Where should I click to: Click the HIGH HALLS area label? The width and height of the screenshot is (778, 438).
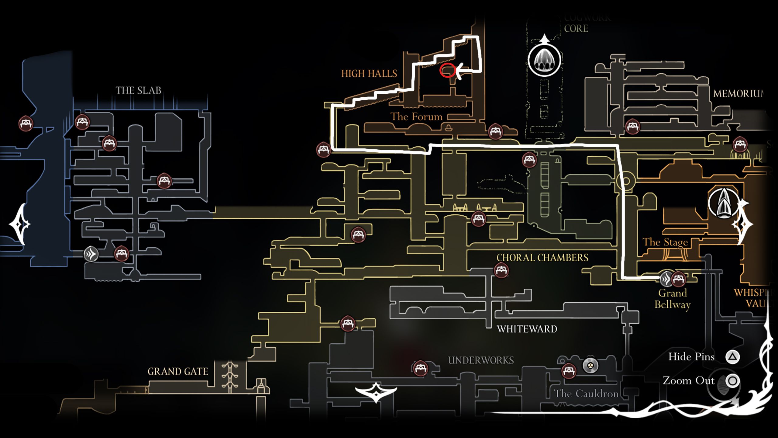point(369,74)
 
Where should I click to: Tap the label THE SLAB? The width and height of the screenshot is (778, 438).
point(138,90)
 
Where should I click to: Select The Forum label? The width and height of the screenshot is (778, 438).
point(416,116)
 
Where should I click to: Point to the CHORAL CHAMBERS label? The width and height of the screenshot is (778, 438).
point(542,258)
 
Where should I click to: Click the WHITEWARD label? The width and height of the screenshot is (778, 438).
point(527,329)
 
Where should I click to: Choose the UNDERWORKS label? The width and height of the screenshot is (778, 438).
point(481,360)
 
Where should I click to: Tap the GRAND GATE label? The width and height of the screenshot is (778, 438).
point(178,371)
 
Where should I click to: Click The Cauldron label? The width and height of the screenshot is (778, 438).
point(586,394)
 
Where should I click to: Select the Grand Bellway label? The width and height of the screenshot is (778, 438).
point(672,299)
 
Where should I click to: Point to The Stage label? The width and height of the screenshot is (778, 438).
point(665,242)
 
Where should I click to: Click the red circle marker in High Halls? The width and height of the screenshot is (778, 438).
point(447,71)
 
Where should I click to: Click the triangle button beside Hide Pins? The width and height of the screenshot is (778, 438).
point(732,357)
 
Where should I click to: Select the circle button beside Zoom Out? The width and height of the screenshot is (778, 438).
point(732,381)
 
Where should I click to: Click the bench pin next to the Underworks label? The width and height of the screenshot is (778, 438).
point(420,369)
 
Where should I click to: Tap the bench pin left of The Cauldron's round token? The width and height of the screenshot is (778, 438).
point(569,371)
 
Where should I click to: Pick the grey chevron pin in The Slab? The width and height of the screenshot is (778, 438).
point(91,254)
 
